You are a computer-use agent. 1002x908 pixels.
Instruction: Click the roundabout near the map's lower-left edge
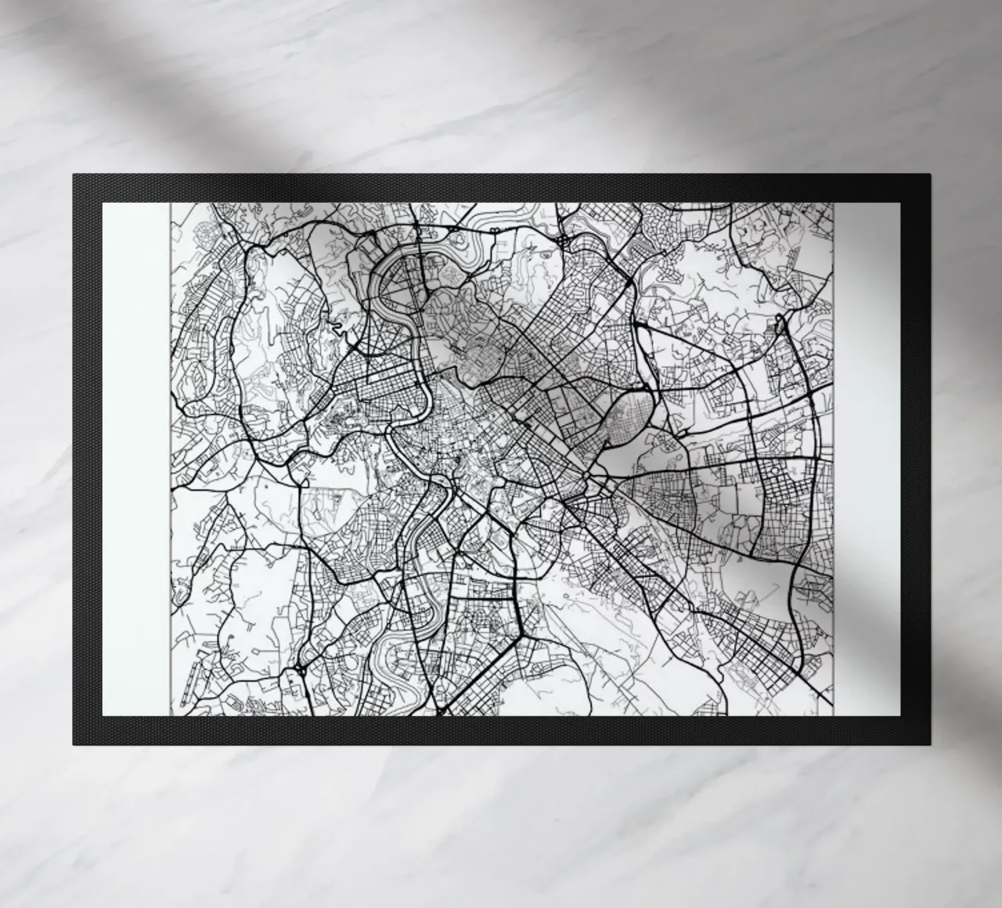pyautogui.click(x=300, y=671)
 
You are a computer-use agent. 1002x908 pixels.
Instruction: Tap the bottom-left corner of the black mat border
pyautogui.click(x=74, y=743)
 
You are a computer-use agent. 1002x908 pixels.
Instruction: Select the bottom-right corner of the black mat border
pyautogui.click(x=928, y=743)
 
